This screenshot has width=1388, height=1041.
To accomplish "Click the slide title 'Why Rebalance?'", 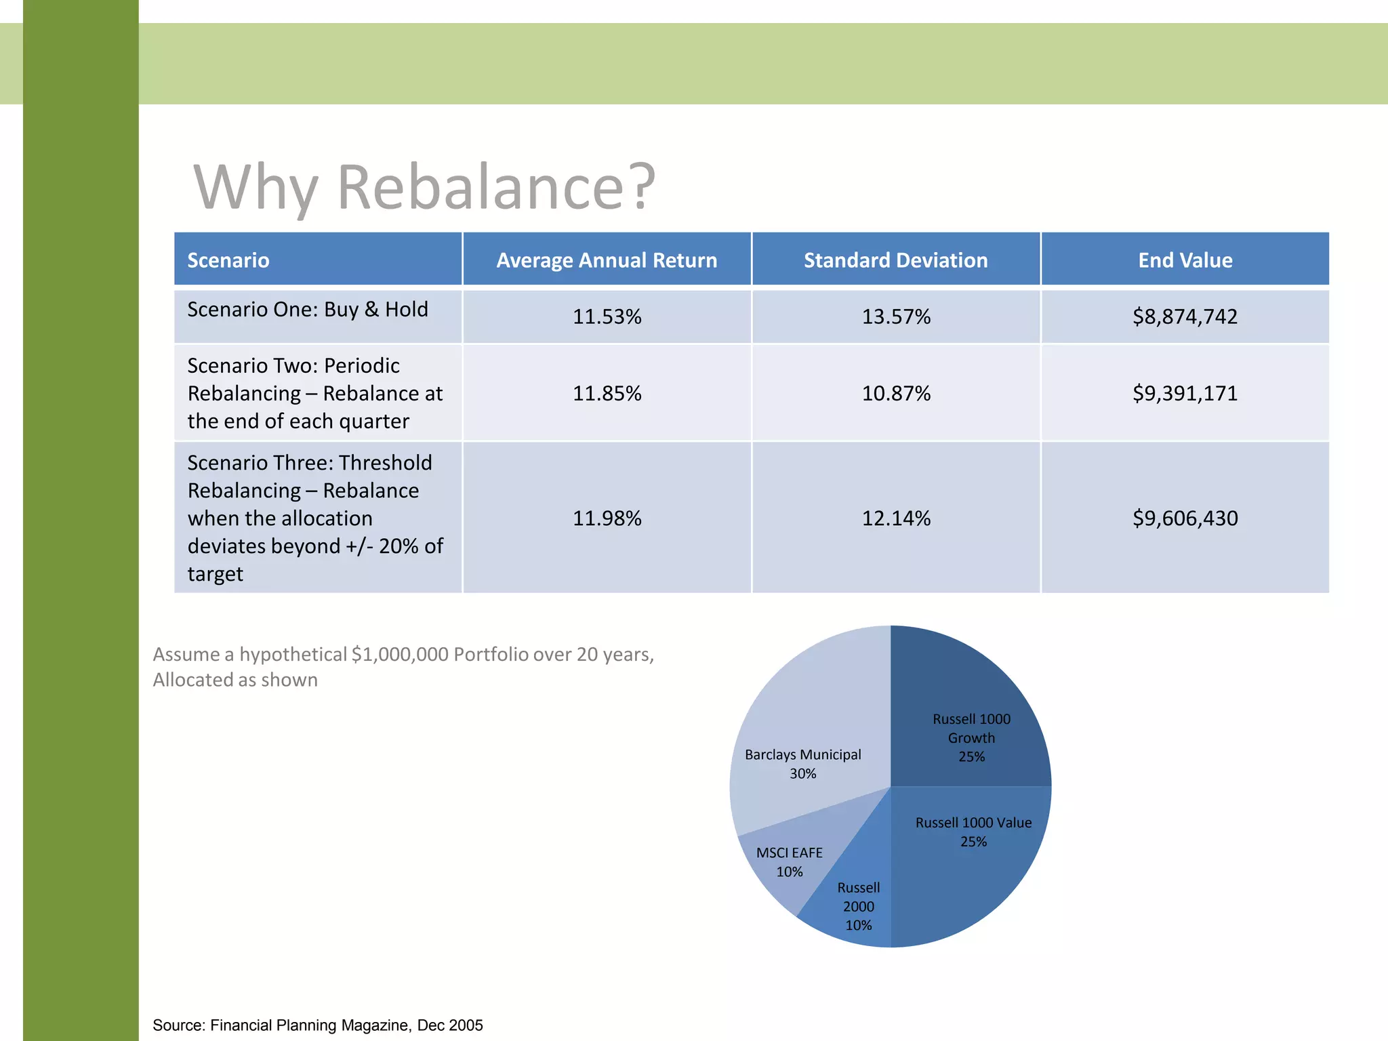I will point(424,186).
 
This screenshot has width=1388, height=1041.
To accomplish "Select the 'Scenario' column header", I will point(228,260).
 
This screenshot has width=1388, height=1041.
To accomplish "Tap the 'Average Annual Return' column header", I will point(607,260).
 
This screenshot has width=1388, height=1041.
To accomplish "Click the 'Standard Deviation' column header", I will point(895,260).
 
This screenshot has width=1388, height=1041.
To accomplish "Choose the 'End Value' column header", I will point(1185,260).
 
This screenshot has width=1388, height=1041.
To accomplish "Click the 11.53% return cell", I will point(607,317).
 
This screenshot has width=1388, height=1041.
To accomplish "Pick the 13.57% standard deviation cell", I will point(896,317).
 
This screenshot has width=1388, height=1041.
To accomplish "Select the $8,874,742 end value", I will point(1185,317).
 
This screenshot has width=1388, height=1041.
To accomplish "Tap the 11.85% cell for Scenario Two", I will point(607,393).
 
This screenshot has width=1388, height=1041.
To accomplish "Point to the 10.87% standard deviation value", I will point(896,393).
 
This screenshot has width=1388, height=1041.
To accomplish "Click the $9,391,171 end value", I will point(1185,393).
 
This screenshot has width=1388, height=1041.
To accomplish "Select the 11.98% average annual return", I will point(607,518).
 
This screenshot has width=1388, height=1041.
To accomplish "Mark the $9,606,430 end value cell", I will point(1185,518).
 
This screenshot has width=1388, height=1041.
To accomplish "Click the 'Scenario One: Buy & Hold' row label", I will point(308,310).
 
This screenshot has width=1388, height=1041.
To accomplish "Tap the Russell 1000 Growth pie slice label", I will point(971,737).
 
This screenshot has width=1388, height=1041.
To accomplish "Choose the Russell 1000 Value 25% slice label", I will point(973,832).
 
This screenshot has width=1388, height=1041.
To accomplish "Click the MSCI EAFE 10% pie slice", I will point(789,862).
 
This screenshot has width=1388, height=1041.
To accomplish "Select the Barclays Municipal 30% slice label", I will point(802,764).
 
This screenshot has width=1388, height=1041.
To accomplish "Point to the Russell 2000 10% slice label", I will point(858,906).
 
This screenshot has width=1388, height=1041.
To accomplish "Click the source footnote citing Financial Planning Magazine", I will point(317,1025).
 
